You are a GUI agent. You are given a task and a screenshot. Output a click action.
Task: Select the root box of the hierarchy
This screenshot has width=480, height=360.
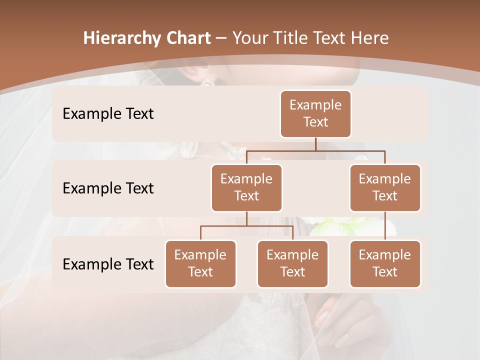pyautogui.click(x=315, y=114)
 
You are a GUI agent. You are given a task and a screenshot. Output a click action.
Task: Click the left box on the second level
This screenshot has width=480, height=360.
pyautogui.click(x=246, y=187)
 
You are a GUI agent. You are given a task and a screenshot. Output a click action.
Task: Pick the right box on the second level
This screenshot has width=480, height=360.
pyautogui.click(x=385, y=187)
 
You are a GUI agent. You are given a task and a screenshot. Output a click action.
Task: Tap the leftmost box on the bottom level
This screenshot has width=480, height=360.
pyautogui.click(x=200, y=263)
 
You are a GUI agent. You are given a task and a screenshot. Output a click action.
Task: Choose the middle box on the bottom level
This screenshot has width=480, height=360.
pyautogui.click(x=292, y=263)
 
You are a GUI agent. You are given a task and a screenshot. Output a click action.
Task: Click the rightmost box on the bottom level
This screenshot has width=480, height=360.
pyautogui.click(x=385, y=263)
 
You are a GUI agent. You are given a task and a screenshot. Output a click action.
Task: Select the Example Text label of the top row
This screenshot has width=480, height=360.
pyautogui.click(x=108, y=114)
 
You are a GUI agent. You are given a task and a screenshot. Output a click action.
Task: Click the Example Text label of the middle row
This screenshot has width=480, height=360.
pyautogui.click(x=108, y=188)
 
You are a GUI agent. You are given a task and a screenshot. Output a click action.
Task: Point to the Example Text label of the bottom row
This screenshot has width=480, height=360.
pyautogui.click(x=108, y=264)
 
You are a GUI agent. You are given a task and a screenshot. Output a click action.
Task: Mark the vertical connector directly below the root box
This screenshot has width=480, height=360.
pyautogui.click(x=315, y=144)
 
